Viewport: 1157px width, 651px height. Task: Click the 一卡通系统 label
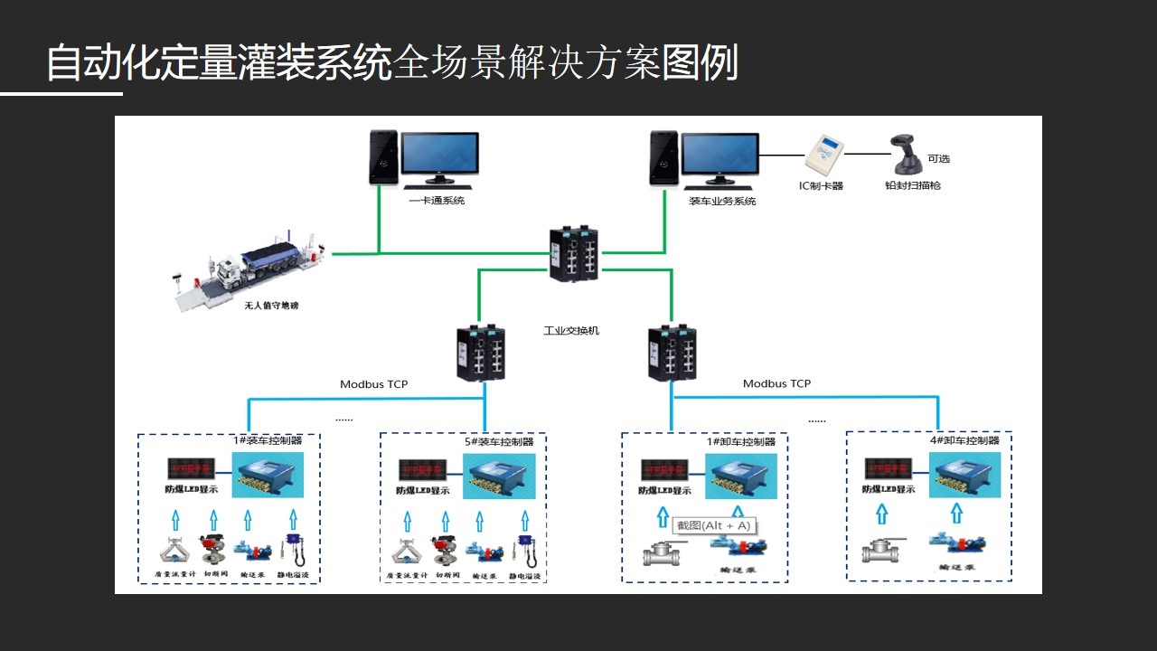click(437, 201)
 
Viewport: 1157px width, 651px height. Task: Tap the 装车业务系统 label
click(722, 202)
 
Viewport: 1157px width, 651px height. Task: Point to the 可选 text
click(938, 159)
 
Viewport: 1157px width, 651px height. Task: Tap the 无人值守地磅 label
click(271, 306)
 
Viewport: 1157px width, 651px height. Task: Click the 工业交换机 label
click(571, 331)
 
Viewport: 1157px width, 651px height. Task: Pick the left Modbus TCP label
click(373, 384)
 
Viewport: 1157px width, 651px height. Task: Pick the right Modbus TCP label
click(776, 383)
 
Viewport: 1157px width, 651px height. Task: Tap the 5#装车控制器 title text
click(499, 441)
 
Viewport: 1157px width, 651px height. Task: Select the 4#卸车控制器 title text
click(965, 440)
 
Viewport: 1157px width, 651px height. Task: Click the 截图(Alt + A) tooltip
click(714, 525)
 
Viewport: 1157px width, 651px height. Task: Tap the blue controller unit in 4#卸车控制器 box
click(964, 475)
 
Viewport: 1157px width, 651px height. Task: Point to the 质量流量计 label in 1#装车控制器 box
click(176, 574)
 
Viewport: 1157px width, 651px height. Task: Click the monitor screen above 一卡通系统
click(440, 155)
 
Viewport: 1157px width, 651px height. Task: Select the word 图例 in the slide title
click(701, 63)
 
